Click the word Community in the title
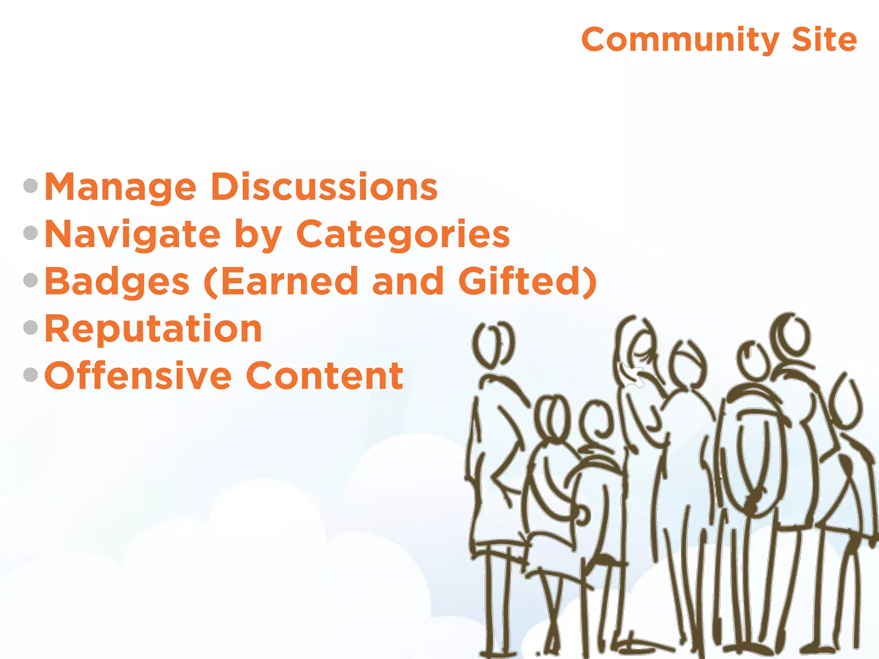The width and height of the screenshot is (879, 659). (680, 40)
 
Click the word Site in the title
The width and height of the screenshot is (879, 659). (824, 40)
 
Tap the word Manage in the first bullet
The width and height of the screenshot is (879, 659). (121, 187)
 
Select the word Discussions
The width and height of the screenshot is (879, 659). (324, 187)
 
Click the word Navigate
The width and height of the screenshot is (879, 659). (133, 235)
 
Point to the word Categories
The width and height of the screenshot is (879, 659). (403, 235)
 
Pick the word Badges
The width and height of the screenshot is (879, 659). (117, 282)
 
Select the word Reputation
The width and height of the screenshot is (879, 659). (153, 329)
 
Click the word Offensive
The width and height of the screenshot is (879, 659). (138, 376)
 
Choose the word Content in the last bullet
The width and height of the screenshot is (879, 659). (324, 376)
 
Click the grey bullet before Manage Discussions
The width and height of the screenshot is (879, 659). (31, 186)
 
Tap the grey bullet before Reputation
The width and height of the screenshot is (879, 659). (31, 328)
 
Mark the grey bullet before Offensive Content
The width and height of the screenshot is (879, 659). (31, 375)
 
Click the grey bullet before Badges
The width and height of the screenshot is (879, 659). (31, 281)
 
